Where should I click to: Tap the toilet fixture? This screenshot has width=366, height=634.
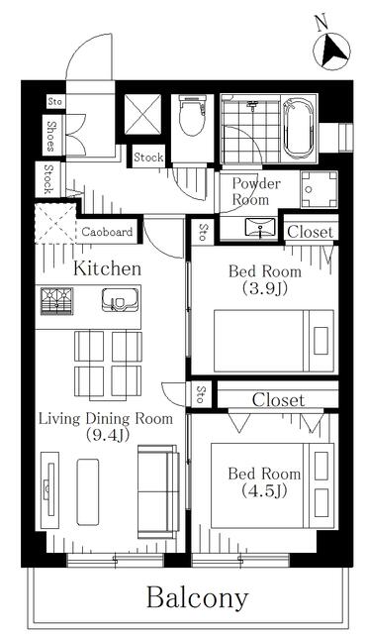[192, 116]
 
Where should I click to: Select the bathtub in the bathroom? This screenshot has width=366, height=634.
[299, 128]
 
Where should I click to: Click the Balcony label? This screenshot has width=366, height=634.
[197, 598]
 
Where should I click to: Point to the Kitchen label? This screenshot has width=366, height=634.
[108, 268]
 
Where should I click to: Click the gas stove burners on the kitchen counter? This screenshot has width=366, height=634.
[57, 301]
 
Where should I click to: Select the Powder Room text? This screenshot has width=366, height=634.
[256, 191]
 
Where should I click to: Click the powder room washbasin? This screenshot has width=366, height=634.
[260, 227]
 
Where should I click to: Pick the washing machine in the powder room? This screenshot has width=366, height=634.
[320, 189]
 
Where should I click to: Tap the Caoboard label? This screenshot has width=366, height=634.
[107, 232]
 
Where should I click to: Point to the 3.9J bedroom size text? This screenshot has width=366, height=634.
[265, 289]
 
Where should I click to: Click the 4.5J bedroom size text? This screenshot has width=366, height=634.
[265, 491]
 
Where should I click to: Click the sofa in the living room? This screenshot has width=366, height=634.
[158, 491]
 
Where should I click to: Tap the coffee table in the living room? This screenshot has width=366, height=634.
[88, 491]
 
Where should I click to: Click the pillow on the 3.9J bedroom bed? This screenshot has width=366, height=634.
[320, 341]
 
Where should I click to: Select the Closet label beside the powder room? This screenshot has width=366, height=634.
[311, 232]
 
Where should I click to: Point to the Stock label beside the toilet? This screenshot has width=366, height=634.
[148, 158]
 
